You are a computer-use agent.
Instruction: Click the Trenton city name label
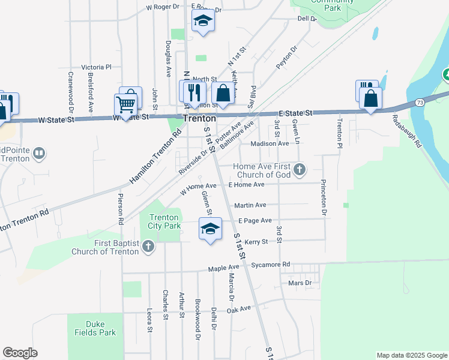(199, 118)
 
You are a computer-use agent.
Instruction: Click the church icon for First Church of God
(300, 170)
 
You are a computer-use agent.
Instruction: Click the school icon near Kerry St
(210, 229)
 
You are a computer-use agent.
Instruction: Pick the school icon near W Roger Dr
(203, 22)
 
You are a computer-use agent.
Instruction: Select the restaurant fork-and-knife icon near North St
(193, 92)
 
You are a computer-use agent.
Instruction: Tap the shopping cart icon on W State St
(125, 104)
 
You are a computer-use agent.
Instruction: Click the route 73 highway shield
(420, 103)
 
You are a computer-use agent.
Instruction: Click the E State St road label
(296, 113)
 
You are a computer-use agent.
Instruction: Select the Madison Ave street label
(270, 143)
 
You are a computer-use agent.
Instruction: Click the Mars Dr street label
(300, 282)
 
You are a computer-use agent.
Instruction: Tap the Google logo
(20, 353)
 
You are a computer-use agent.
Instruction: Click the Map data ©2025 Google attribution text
(411, 355)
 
